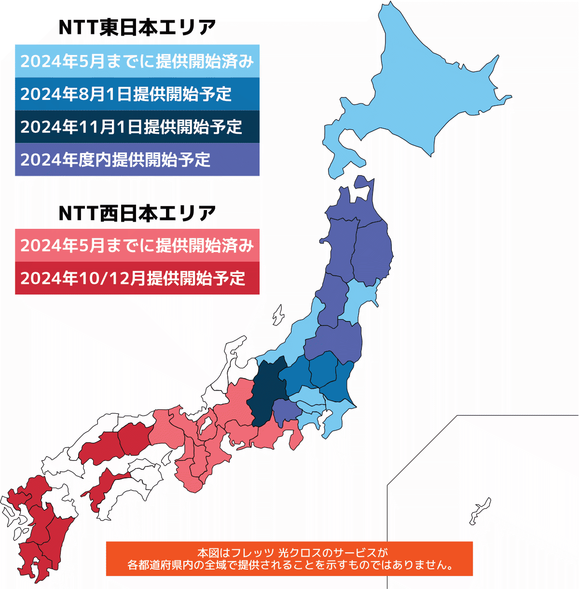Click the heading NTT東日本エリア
(x=137, y=28)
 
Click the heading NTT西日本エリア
(x=137, y=213)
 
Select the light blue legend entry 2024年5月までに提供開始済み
(x=137, y=61)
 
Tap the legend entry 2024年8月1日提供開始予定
(x=137, y=94)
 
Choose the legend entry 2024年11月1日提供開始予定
(x=137, y=127)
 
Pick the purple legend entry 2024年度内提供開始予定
(x=137, y=159)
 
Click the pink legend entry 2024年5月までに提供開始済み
(x=137, y=245)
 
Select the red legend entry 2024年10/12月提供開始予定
(x=137, y=278)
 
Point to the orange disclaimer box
(x=289, y=559)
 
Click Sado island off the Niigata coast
(x=278, y=315)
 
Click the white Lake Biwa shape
(x=206, y=425)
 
